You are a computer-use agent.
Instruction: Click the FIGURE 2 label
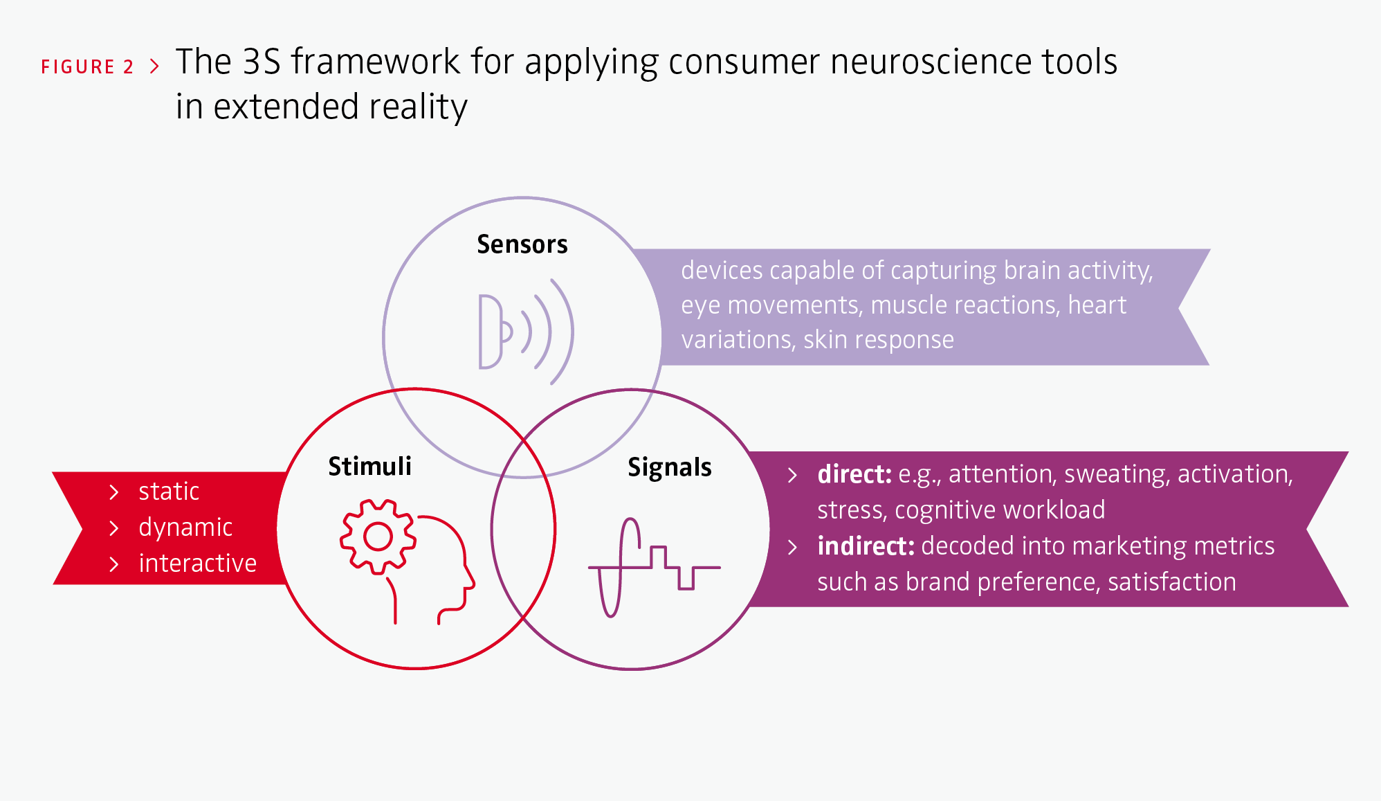(87, 66)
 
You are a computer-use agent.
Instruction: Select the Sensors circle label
(522, 244)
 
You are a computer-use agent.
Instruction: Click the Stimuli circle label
(369, 466)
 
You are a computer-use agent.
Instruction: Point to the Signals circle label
(670, 468)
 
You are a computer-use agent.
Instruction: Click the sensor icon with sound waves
(527, 332)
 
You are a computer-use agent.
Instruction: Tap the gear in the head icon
(378, 537)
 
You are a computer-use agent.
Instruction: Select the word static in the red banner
(169, 492)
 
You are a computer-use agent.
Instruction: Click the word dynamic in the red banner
(185, 528)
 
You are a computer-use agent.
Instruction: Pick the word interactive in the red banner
(198, 564)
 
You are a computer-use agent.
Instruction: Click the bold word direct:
(854, 474)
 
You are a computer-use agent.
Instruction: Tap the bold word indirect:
(866, 546)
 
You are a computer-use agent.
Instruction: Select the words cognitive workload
(1000, 511)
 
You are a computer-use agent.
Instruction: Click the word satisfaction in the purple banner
(1172, 582)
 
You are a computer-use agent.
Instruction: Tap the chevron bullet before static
(114, 492)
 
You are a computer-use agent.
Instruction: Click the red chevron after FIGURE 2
(154, 66)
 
